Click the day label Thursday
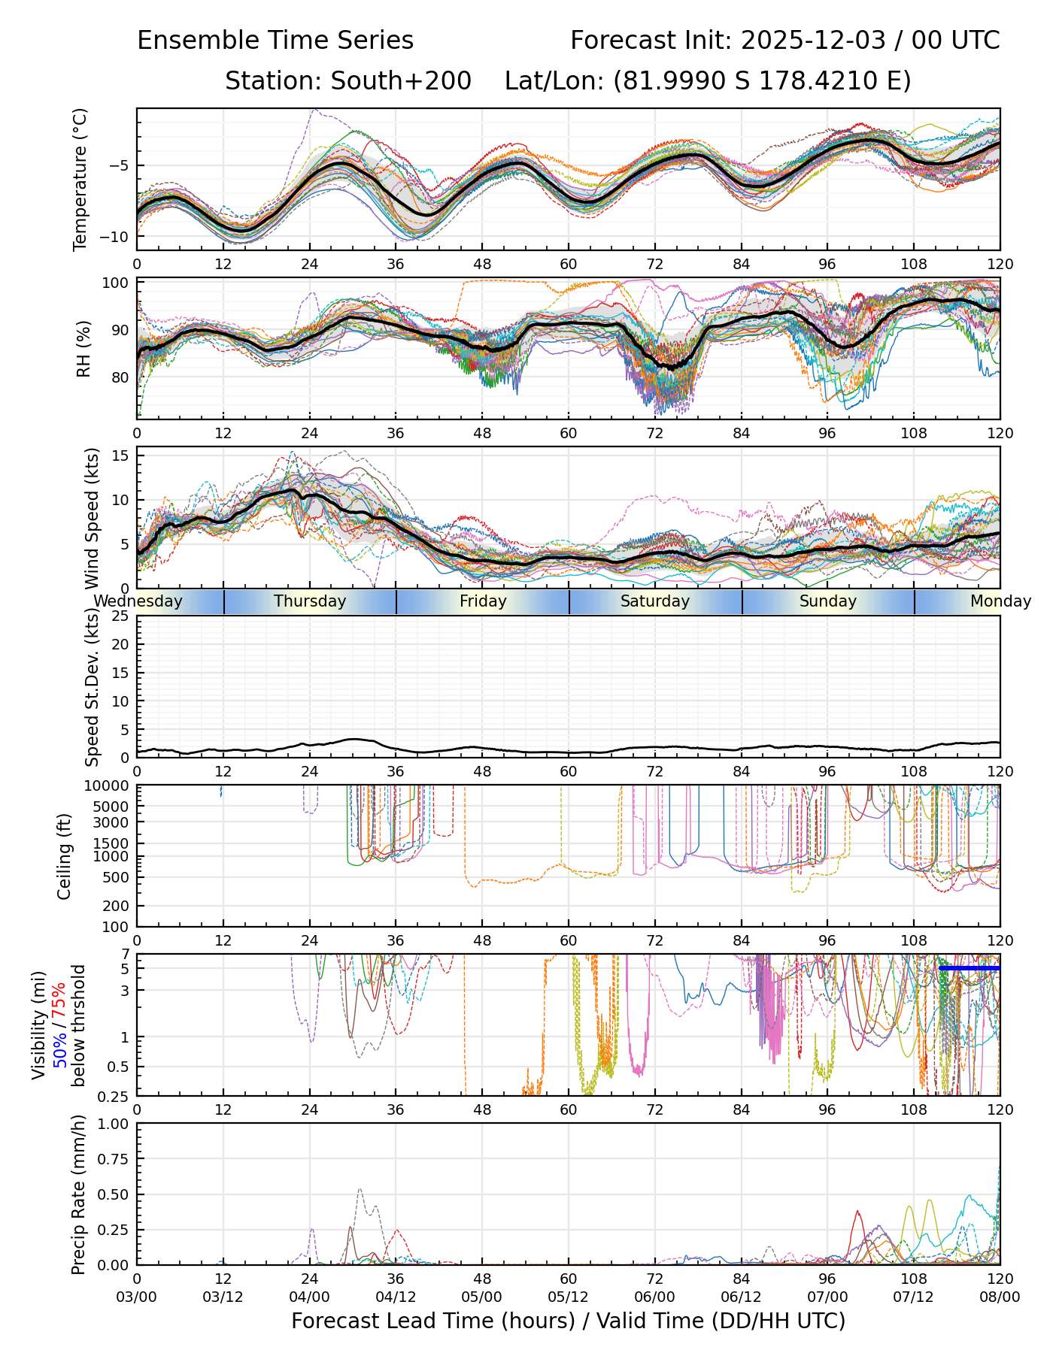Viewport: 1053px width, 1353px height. [x=310, y=601]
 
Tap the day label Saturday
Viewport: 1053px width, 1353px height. [x=655, y=601]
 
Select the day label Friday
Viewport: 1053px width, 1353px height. [x=483, y=601]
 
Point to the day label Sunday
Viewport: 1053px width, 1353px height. [x=828, y=601]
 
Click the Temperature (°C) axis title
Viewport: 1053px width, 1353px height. [x=80, y=179]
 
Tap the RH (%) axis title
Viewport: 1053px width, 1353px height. [x=83, y=349]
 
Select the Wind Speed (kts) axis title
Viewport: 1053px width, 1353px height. [x=92, y=518]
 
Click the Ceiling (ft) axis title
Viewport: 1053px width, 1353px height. [x=65, y=856]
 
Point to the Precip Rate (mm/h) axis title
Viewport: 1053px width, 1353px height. [x=78, y=1194]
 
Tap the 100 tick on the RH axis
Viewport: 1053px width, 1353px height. [x=116, y=283]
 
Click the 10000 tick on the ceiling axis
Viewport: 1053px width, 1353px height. [x=108, y=786]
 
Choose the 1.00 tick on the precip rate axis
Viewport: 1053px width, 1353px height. [x=114, y=1124]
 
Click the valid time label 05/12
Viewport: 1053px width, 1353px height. [x=569, y=1298]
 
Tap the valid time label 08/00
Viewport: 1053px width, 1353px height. [x=1000, y=1298]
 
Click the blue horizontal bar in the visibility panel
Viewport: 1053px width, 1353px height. [x=970, y=969]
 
